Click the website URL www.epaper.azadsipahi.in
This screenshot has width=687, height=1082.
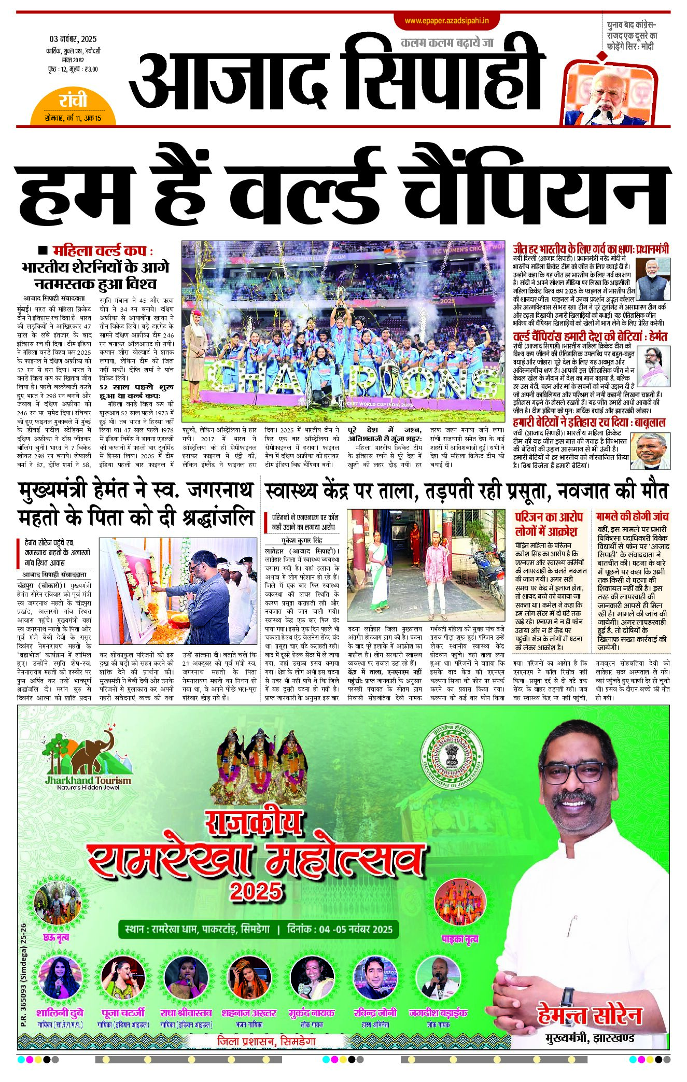[447, 21]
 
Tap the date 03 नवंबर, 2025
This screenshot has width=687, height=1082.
[73, 39]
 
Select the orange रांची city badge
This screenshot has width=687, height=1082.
[73, 101]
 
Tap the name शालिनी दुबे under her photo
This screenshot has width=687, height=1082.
[60, 1013]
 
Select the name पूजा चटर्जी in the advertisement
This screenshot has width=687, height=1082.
[123, 1013]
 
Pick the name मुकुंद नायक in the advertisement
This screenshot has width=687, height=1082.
[312, 1013]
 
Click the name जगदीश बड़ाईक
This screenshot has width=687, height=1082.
[438, 1013]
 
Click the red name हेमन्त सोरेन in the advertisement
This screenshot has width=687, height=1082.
[590, 1016]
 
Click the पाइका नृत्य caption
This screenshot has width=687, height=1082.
[459, 938]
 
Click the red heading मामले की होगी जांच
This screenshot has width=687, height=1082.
[632, 516]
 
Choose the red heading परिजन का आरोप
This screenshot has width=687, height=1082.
[549, 517]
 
